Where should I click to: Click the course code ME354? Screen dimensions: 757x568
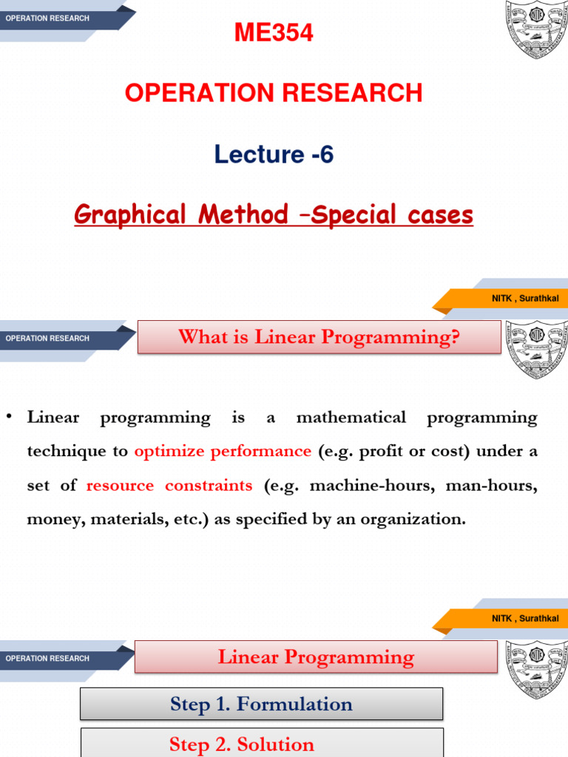click(x=274, y=33)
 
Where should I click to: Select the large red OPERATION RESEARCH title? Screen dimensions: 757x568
click(x=274, y=93)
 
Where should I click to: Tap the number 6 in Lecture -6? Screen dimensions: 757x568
click(x=327, y=155)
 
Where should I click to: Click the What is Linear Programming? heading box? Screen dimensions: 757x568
click(x=319, y=337)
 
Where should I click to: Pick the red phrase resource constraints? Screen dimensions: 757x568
click(x=169, y=485)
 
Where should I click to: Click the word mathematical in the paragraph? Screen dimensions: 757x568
click(x=351, y=418)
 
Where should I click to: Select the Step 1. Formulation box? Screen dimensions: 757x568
click(x=261, y=704)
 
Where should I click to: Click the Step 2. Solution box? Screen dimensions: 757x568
click(x=261, y=744)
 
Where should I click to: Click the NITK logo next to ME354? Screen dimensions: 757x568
click(x=535, y=30)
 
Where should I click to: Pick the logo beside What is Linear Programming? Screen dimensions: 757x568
click(x=535, y=349)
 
